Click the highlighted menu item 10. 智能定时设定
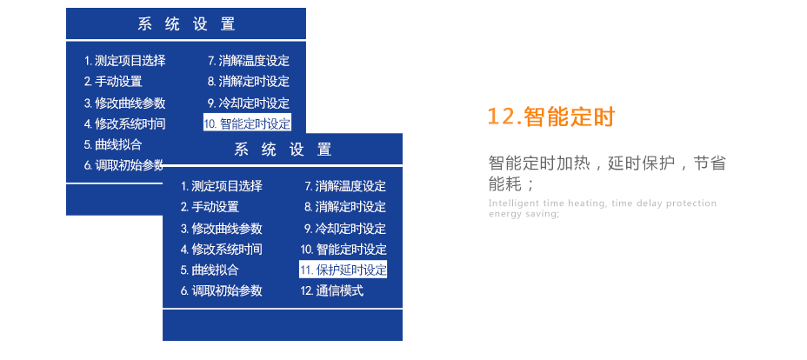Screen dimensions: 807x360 pos(247,123)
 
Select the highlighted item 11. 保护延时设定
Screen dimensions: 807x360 pos(343,270)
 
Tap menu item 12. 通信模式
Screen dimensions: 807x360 pos(332,290)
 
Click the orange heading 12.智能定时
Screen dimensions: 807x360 pos(550,117)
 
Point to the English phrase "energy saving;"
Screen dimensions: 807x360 pos(524,215)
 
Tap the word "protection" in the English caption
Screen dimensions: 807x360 pos(691,203)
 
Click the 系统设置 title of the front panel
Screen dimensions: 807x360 pos(283,150)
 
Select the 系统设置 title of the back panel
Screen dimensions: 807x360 pos(186,24)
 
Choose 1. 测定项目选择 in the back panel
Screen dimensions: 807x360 pos(125,61)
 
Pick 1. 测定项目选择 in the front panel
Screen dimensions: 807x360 pos(222,186)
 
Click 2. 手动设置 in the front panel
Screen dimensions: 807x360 pos(210,207)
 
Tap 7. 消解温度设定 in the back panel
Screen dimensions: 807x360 pos(249,61)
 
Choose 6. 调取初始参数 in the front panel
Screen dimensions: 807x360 pos(222,290)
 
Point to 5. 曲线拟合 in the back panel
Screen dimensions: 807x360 pos(113,144)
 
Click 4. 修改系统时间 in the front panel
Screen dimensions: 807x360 pos(222,250)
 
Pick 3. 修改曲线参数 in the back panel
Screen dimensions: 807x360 pos(125,103)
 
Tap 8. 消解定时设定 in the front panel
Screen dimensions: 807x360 pos(345,207)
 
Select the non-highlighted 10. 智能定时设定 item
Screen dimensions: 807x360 pos(343,250)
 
